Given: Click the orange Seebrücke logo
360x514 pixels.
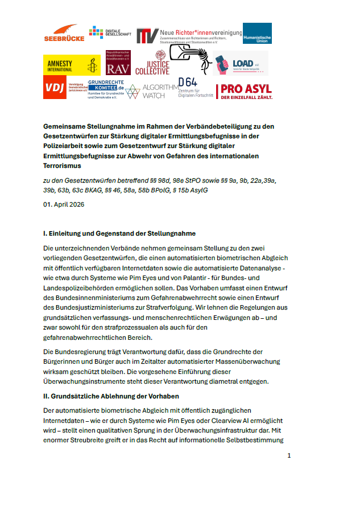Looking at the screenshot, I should tap(64, 32).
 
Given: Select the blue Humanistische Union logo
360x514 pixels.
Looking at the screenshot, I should tap(257, 33).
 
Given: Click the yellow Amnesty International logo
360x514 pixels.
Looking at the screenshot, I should tap(72, 65).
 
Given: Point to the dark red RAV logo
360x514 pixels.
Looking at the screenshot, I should tap(118, 64).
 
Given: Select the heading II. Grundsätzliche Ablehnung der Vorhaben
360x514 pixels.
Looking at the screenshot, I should tap(118, 394).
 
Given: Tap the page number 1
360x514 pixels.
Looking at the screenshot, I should tap(289, 455).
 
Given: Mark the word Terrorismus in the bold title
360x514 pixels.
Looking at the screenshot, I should tap(63, 166).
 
